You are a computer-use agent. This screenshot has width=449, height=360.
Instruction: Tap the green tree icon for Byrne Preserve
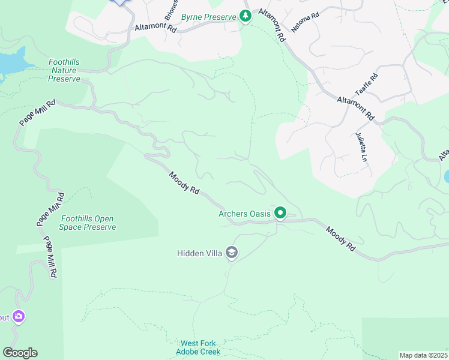tap(245, 17)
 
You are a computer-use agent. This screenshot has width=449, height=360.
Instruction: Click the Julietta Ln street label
tap(360, 147)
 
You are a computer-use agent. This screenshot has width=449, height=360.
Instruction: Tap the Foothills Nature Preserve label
tap(64, 70)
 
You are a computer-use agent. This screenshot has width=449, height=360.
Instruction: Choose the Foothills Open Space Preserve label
tap(88, 223)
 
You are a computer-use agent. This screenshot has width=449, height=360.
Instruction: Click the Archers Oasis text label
tap(244, 214)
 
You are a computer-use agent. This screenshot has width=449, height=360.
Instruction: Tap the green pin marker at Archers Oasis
tap(280, 212)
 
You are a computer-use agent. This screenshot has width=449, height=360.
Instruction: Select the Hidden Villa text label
tap(199, 253)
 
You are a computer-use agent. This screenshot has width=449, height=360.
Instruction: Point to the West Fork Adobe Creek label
tap(198, 347)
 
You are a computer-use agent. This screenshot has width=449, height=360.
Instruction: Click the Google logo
tap(20, 353)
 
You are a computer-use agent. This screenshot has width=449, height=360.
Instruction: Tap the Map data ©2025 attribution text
tap(423, 355)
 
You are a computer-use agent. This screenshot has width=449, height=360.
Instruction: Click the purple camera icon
tap(18, 316)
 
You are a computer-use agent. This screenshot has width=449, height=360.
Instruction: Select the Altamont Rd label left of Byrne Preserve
tap(155, 28)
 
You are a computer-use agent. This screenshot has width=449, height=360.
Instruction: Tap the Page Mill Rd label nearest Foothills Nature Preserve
tap(37, 112)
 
